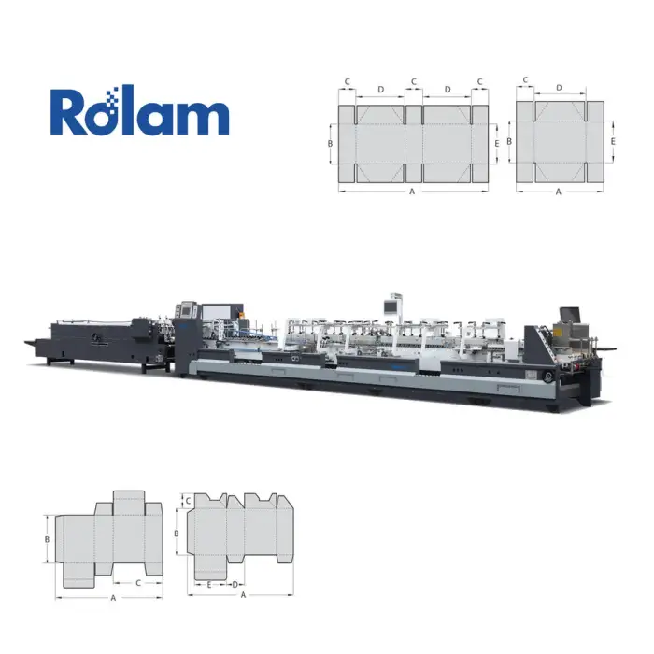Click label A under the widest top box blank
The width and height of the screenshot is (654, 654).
click(x=412, y=192)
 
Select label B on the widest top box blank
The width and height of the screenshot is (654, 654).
click(x=330, y=144)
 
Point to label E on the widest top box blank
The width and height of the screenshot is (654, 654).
click(x=496, y=144)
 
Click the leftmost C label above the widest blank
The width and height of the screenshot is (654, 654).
click(x=347, y=82)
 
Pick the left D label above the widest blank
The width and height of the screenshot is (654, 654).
click(x=380, y=90)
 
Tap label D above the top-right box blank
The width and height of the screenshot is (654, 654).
click(x=559, y=88)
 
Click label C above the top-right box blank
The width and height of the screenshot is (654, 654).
click(x=525, y=79)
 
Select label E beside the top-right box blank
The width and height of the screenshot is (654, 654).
click(x=613, y=142)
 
